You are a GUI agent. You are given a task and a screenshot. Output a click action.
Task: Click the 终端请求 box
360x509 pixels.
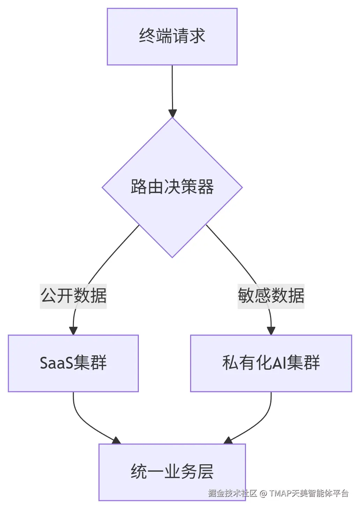172,37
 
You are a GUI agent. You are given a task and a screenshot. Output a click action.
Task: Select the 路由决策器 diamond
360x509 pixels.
172,187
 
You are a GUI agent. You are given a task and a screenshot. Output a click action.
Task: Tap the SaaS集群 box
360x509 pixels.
73,363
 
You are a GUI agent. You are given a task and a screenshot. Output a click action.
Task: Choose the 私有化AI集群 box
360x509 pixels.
271,363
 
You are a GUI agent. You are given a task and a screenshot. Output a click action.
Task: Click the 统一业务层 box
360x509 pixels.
172,472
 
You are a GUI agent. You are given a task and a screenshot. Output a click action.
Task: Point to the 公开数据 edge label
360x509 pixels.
73,296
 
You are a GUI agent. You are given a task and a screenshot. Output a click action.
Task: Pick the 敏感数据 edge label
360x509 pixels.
271,296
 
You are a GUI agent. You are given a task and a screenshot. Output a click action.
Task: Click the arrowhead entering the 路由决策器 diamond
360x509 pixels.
172,113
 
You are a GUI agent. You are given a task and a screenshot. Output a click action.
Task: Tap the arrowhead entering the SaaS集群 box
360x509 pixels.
73,331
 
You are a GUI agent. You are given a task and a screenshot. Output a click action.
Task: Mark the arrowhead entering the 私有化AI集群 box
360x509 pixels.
271,331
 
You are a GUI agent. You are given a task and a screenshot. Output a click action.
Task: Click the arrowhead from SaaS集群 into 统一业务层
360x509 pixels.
116,441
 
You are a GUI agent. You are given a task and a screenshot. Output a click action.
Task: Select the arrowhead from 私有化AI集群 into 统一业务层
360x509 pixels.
228,441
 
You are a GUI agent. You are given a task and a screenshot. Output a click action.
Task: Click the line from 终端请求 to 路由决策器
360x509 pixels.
172,87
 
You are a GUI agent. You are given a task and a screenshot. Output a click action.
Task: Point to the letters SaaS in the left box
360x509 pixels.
56,363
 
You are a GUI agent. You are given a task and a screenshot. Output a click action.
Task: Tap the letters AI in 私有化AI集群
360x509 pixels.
279,363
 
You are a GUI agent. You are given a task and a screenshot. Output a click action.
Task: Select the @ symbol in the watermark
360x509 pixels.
263,493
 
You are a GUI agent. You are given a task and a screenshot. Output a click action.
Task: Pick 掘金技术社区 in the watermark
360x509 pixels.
232,493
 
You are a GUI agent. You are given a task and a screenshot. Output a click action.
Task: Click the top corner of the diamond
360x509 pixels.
172,118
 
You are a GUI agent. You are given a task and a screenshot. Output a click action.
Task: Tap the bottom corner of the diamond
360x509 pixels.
172,257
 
